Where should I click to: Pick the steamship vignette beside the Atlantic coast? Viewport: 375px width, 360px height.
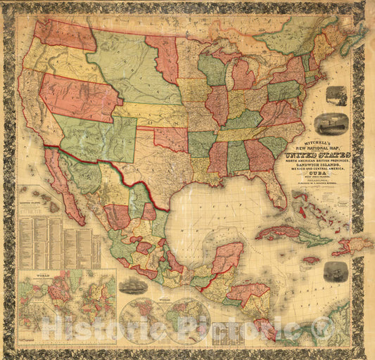pyautogui.click(x=331, y=124)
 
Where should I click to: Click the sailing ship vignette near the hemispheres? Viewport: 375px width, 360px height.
pyautogui.click(x=133, y=285)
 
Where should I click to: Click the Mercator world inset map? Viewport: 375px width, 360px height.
pyautogui.click(x=68, y=295)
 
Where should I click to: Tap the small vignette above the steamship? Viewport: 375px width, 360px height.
pyautogui.click(x=336, y=96)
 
